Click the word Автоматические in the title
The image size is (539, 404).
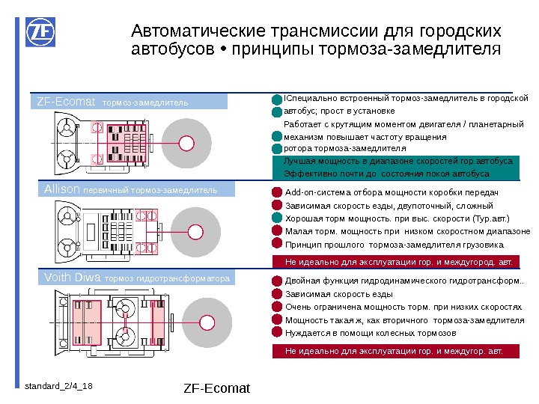click(x=192, y=31)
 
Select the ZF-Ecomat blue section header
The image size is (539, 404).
click(x=132, y=102)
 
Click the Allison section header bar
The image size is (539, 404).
click(x=132, y=190)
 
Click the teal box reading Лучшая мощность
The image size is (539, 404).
click(x=398, y=167)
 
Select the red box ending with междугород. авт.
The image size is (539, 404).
click(x=398, y=262)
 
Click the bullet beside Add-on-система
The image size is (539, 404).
click(x=277, y=192)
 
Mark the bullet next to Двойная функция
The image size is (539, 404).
click(x=277, y=281)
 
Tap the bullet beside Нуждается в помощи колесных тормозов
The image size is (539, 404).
click(x=277, y=333)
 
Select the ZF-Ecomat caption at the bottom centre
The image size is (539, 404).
click(x=216, y=388)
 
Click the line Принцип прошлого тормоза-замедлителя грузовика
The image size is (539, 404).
click(x=395, y=245)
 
